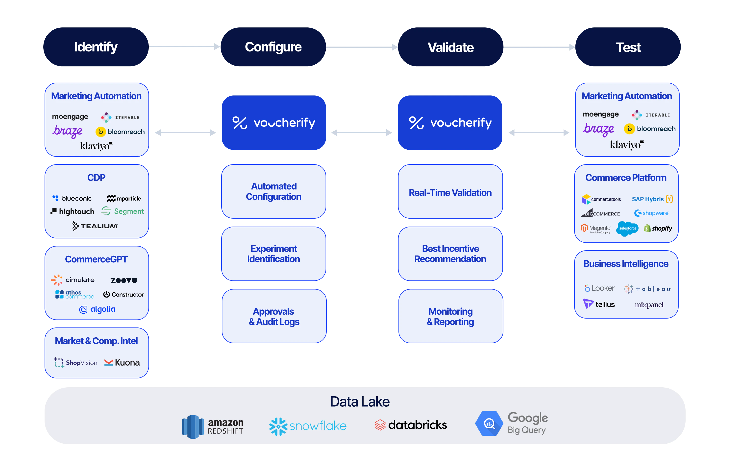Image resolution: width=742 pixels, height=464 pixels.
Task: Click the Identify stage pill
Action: [96, 47]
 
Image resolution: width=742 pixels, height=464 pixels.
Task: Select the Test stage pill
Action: [628, 47]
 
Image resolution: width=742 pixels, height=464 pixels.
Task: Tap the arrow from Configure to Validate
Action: [362, 47]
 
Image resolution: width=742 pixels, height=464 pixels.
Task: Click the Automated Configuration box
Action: [273, 191]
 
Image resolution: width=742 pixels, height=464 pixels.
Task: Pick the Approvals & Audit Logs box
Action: [274, 316]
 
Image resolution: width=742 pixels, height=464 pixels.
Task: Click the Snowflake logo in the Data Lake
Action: [308, 426]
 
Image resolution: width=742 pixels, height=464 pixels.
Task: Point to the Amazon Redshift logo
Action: [212, 427]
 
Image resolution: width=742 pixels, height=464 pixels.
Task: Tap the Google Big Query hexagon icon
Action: [489, 423]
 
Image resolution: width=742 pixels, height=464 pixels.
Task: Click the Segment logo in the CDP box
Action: [123, 211]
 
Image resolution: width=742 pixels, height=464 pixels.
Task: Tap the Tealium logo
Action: [95, 226]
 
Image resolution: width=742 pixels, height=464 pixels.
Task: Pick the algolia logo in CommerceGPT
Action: [97, 309]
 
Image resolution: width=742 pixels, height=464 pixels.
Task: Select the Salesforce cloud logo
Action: [627, 228]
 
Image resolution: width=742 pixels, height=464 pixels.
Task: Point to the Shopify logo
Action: [658, 228]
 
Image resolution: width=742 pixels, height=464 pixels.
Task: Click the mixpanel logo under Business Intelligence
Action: [649, 305]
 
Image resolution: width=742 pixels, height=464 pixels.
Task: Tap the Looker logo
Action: [599, 288]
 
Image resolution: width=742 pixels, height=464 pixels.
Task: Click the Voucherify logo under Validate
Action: [450, 123]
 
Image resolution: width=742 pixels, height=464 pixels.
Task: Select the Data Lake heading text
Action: [360, 401]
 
